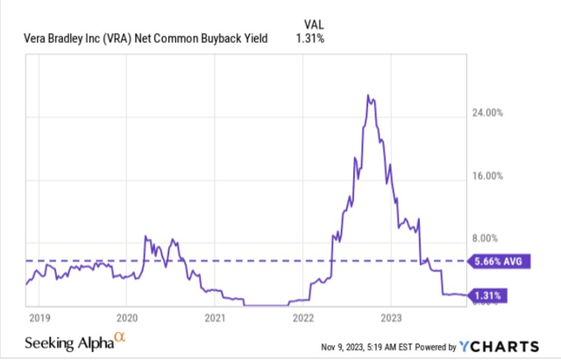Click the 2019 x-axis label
[39, 318]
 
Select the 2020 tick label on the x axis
[127, 318]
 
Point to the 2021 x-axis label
[215, 318]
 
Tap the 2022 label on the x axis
[303, 318]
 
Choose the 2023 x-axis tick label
[391, 318]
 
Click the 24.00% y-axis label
[487, 113]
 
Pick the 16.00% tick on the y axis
[487, 176]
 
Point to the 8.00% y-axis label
[485, 238]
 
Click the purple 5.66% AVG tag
[499, 261]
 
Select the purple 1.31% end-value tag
[487, 296]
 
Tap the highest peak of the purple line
[367, 95]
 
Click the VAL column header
[314, 25]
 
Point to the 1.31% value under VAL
[309, 39]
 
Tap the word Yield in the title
[255, 39]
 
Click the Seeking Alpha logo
[75, 342]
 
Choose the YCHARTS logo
[499, 346]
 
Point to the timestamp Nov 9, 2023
[341, 347]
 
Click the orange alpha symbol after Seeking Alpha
[120, 337]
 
